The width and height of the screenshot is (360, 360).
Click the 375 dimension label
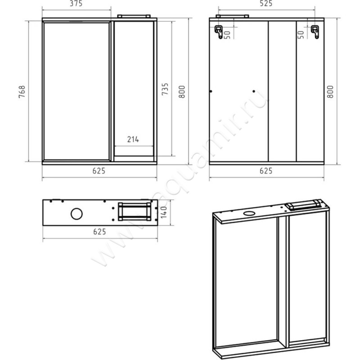pyautogui.click(x=76, y=4)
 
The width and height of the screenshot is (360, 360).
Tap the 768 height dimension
pyautogui.click(x=22, y=92)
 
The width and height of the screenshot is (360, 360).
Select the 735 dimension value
pyautogui.click(x=165, y=89)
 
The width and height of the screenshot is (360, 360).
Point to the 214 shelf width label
pyautogui.click(x=133, y=139)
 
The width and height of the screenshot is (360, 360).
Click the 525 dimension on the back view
pyautogui.click(x=266, y=4)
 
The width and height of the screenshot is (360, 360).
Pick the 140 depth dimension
pyautogui.click(x=164, y=212)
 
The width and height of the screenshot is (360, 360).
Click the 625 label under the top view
pyautogui.click(x=99, y=232)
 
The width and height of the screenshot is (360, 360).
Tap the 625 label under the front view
pyautogui.click(x=99, y=171)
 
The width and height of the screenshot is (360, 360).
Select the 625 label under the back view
pyautogui.click(x=266, y=171)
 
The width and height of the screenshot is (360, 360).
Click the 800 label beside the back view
pyautogui.click(x=330, y=92)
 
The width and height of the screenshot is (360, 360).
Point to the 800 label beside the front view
pyautogui.click(x=182, y=92)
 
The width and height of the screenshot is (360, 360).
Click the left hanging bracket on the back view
pyautogui.click(x=219, y=31)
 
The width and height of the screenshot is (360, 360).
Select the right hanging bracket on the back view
pyautogui.click(x=315, y=31)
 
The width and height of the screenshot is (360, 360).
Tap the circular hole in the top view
pyautogui.click(x=76, y=214)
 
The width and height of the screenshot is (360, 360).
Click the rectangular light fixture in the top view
pyautogui.click(x=135, y=211)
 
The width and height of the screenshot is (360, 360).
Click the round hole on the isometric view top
pyautogui.click(x=249, y=213)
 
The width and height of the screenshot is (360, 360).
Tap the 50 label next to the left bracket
pyautogui.click(x=227, y=35)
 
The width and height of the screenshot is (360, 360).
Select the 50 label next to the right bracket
pyautogui.click(x=301, y=35)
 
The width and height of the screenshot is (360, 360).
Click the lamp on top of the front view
pyautogui.click(x=134, y=16)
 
